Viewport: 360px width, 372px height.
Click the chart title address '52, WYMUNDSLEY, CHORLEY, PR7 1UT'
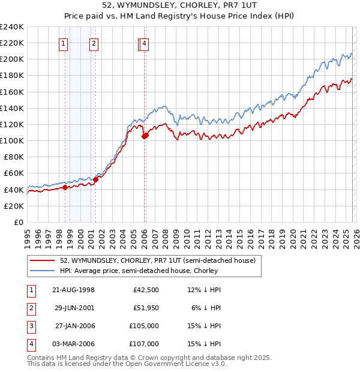point(180,6)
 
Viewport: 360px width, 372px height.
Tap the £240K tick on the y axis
point(12,27)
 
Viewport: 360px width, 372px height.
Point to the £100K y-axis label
point(12,140)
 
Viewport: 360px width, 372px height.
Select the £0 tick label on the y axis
point(18,222)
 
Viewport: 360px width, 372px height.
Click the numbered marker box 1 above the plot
point(64,43)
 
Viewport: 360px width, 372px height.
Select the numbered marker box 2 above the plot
point(94,43)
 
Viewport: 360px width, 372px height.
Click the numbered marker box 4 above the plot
point(145,43)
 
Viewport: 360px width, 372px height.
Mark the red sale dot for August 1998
point(65,187)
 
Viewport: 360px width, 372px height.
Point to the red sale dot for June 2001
point(95,179)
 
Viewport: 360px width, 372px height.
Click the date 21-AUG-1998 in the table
point(74,290)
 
